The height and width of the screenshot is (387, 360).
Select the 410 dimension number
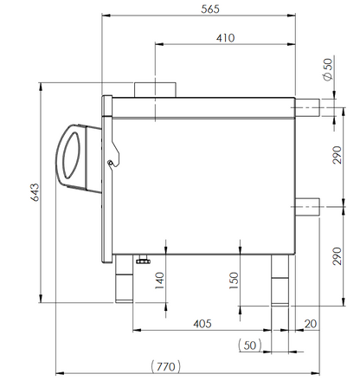pos(226,39)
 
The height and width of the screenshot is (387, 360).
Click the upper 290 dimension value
pos(337,157)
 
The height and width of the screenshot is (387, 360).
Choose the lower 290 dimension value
pos(337,257)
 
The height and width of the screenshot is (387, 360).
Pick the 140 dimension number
pos(158,281)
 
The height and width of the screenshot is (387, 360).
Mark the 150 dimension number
pos(234,281)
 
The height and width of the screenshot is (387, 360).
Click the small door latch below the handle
pos(111,160)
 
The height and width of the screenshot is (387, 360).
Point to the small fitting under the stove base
pos(142,258)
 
